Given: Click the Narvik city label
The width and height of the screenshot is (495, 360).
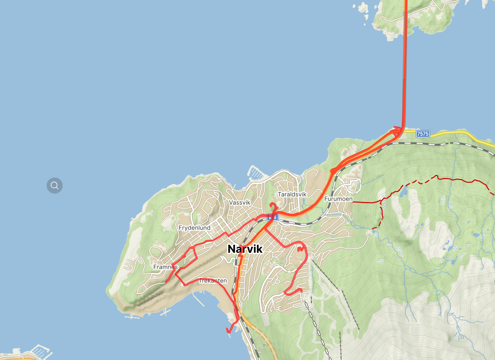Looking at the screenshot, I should coord(245,249).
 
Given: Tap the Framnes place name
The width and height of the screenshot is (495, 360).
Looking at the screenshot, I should coord(166,267).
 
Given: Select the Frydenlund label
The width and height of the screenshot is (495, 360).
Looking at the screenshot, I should coord(194,228).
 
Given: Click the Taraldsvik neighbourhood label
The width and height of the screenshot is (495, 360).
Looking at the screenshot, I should coord(291,194).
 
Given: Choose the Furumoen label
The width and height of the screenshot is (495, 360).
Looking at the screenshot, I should coord(339,199).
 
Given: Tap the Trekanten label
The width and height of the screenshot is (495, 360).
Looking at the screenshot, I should coord(213,281).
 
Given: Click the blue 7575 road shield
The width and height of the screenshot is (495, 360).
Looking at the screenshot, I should coord(423,133).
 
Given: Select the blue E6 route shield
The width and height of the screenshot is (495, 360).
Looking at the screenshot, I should coord(272,217).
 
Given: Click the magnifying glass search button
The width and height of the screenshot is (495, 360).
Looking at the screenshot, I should coord(55,186).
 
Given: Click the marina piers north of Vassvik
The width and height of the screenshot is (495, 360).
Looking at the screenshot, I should coord(255,173).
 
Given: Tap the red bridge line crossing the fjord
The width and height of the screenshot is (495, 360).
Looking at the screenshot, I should coord(405,65).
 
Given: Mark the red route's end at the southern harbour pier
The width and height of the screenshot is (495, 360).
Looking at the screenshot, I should coord(229,330).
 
